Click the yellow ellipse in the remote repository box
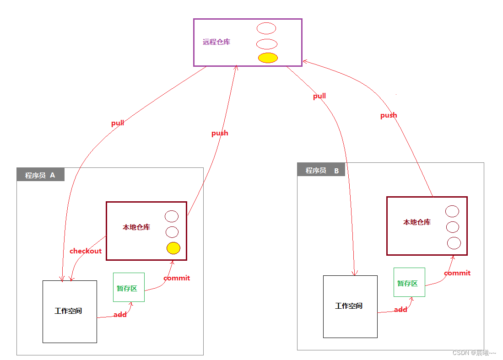click(268, 58)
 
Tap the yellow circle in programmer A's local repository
click(173, 248)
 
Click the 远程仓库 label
click(216, 42)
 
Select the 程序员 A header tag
click(40, 175)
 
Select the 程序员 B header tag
click(321, 170)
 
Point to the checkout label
click(86, 251)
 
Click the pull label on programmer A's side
click(118, 123)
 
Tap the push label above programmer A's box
click(220, 133)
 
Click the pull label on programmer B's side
click(319, 96)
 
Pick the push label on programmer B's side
click(389, 115)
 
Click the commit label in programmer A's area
click(177, 278)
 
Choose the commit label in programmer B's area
click(457, 273)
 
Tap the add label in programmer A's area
click(120, 315)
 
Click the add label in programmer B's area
click(400, 310)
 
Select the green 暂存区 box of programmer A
click(129, 287)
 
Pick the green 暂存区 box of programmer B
click(409, 282)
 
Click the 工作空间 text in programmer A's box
click(68, 311)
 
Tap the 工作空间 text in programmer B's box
click(349, 306)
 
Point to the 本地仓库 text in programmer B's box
click(417, 222)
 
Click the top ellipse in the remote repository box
click(266, 28)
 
